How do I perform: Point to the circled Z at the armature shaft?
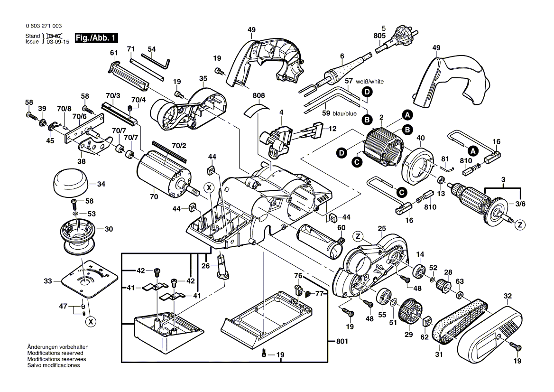[x=520, y=224]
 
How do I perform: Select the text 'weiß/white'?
[x=370, y=82]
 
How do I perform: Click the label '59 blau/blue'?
[x=339, y=113]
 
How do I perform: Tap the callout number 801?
[x=341, y=341]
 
